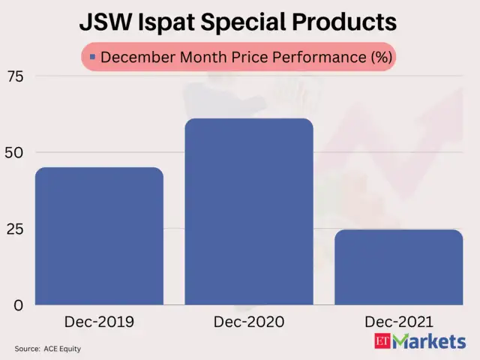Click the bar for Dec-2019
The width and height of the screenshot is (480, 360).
[x=99, y=236]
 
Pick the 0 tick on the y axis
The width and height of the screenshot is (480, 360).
[x=19, y=305]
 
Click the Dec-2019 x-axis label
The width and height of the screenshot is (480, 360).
[x=99, y=322]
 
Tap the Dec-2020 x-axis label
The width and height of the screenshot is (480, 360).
[x=249, y=322]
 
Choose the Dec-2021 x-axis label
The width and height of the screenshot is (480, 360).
[x=398, y=322]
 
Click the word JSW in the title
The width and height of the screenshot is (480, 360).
[x=107, y=22]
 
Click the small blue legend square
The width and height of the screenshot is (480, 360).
[x=92, y=57]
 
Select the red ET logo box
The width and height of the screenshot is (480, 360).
[x=382, y=342]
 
